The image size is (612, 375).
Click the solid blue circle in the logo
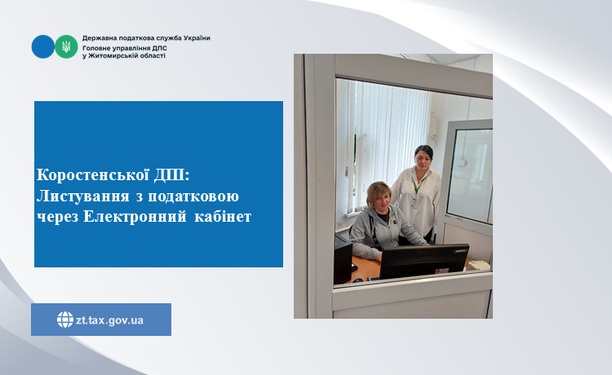[43, 46]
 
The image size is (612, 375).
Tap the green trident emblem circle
[66, 46]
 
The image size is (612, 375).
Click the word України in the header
[197, 38]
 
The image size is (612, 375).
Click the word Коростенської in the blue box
[93, 175]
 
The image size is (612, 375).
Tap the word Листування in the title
[82, 196]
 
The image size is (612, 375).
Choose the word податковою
[193, 196]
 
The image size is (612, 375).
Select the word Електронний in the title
[135, 217]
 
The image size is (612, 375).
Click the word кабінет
[223, 217]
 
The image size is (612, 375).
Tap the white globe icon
[65, 320]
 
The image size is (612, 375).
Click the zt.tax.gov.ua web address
[109, 320]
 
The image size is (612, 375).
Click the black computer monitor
[424, 261]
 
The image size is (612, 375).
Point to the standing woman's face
[423, 158]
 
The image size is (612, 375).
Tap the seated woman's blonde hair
[378, 191]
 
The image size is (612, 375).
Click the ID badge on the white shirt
[415, 202]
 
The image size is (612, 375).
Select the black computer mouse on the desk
[357, 280]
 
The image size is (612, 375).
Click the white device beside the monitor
[477, 265]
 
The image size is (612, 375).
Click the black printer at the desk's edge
[343, 259]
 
